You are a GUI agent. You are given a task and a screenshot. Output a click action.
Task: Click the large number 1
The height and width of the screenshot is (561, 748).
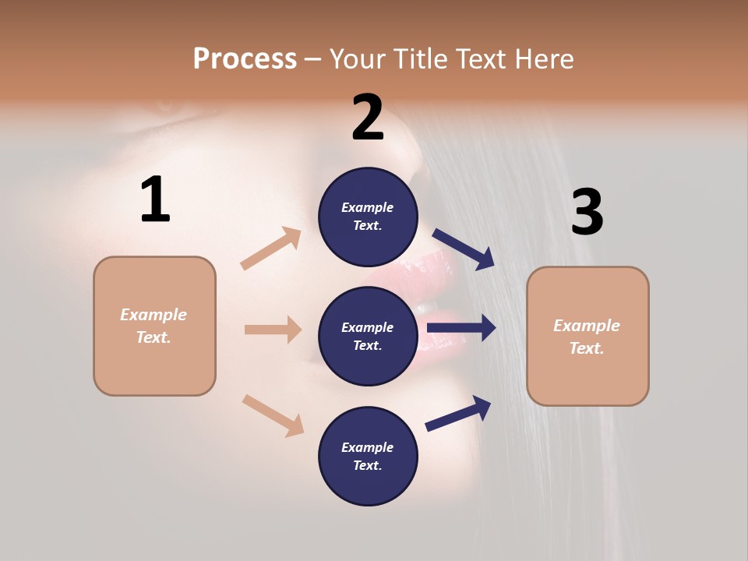[x=155, y=200]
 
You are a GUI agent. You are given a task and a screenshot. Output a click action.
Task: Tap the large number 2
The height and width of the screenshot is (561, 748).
[x=368, y=118]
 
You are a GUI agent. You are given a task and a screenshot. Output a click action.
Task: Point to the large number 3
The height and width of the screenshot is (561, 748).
[x=587, y=212]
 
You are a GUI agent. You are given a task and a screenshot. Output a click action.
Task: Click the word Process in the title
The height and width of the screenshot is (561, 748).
[x=245, y=58]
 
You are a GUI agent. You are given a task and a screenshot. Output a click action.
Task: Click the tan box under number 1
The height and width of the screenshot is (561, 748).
[x=154, y=326]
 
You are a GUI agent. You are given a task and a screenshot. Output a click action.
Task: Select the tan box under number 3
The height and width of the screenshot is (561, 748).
[x=587, y=336]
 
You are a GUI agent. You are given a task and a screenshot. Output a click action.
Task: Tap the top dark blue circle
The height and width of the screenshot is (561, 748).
[x=368, y=217]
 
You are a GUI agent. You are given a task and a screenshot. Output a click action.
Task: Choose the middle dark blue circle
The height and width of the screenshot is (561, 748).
[x=368, y=336]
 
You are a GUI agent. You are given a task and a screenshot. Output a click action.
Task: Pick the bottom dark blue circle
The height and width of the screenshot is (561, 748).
[x=368, y=456]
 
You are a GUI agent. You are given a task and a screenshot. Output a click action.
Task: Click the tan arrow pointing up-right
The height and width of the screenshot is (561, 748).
[x=271, y=249]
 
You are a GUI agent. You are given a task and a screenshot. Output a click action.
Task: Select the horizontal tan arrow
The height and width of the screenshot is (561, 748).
[x=273, y=330]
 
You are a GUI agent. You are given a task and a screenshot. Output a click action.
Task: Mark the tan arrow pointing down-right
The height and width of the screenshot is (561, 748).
[x=273, y=415]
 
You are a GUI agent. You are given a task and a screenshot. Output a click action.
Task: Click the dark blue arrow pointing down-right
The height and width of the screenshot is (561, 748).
[x=464, y=249]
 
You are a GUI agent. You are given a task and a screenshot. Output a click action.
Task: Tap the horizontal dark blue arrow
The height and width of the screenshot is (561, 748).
[x=461, y=328]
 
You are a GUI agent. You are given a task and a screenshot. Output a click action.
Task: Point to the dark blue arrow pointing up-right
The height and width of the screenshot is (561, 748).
[x=459, y=413]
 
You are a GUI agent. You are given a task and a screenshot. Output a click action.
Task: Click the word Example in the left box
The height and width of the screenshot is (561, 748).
[x=153, y=315]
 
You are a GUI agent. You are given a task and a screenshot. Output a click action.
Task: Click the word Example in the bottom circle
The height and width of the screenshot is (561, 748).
[x=368, y=447]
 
